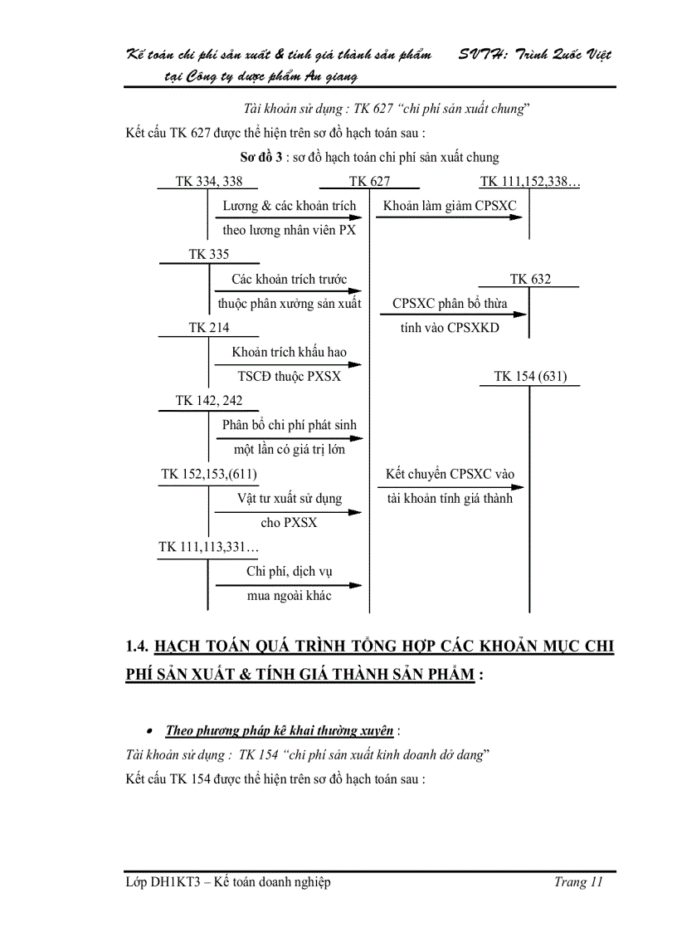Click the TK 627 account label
[369, 182]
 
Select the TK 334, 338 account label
[209, 182]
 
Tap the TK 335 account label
[209, 255]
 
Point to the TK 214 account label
[209, 328]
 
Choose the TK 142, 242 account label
[209, 401]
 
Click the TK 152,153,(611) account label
[209, 474]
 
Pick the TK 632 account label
[530, 280]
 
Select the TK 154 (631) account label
[530, 376]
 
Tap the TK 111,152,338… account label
[529, 182]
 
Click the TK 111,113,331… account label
[209, 547]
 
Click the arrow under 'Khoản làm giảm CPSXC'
[449, 217]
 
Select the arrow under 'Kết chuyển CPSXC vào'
[449, 487]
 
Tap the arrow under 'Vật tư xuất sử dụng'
[289, 511]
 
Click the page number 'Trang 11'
[577, 882]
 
